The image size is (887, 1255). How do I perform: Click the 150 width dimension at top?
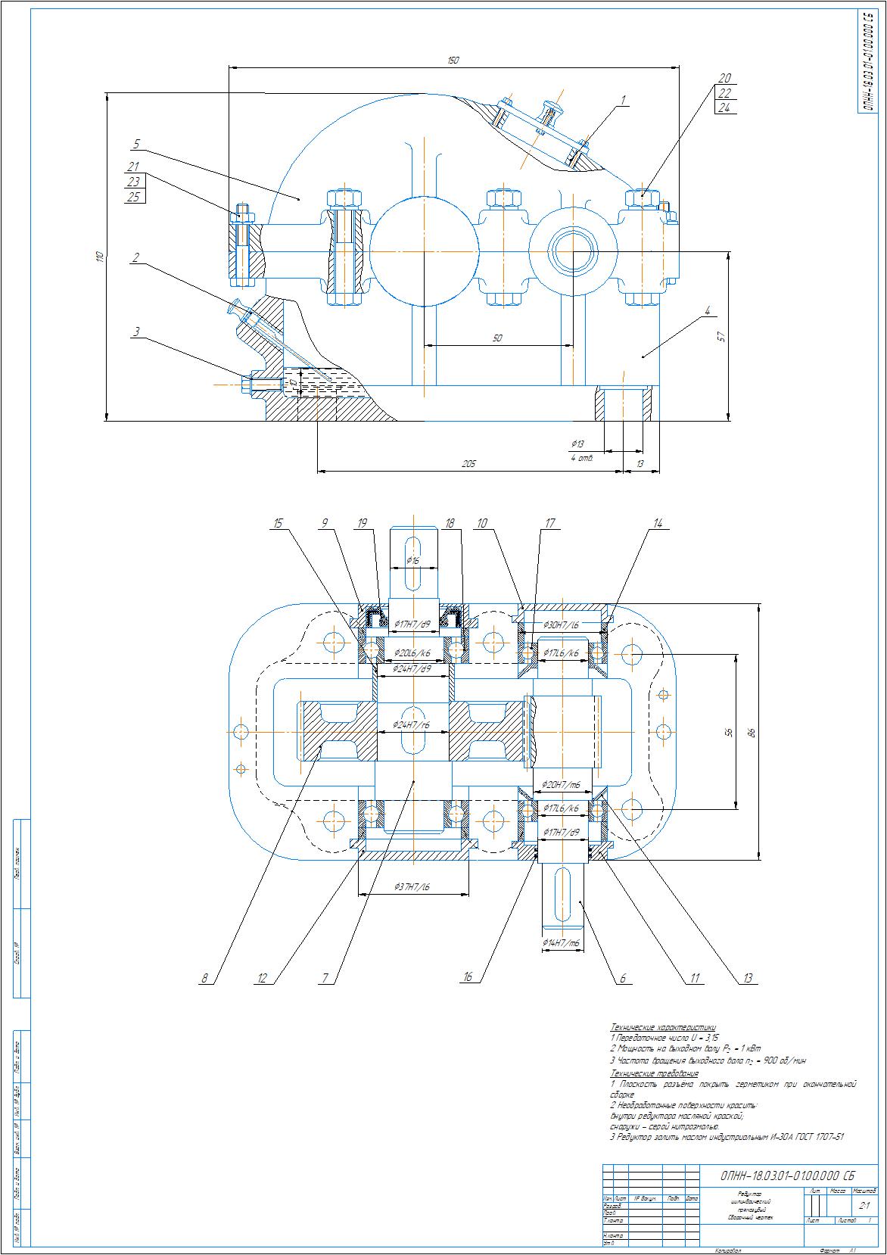pyautogui.click(x=453, y=61)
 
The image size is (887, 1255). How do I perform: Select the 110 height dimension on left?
pyautogui.click(x=99, y=257)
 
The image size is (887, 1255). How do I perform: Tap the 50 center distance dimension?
pyautogui.click(x=497, y=338)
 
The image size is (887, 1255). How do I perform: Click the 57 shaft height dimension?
pyautogui.click(x=720, y=336)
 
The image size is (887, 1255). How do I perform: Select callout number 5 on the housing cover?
pyautogui.click(x=136, y=143)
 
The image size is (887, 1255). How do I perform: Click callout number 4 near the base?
pyautogui.click(x=707, y=310)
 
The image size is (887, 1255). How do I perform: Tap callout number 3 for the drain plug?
pyautogui.click(x=136, y=331)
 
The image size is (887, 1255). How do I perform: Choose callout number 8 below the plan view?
pyautogui.click(x=204, y=979)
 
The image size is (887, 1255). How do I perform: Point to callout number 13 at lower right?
pyautogui.click(x=748, y=979)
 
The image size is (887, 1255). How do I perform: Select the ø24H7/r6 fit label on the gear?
pyautogui.click(x=412, y=725)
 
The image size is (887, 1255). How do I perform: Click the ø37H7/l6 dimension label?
pyautogui.click(x=412, y=886)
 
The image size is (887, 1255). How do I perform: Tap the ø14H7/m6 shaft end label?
pyautogui.click(x=561, y=942)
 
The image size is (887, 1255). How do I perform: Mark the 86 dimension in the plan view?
pyautogui.click(x=752, y=732)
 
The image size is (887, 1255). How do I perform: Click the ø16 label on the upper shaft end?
pyautogui.click(x=412, y=561)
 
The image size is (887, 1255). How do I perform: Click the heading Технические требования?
pyautogui.click(x=655, y=1073)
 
